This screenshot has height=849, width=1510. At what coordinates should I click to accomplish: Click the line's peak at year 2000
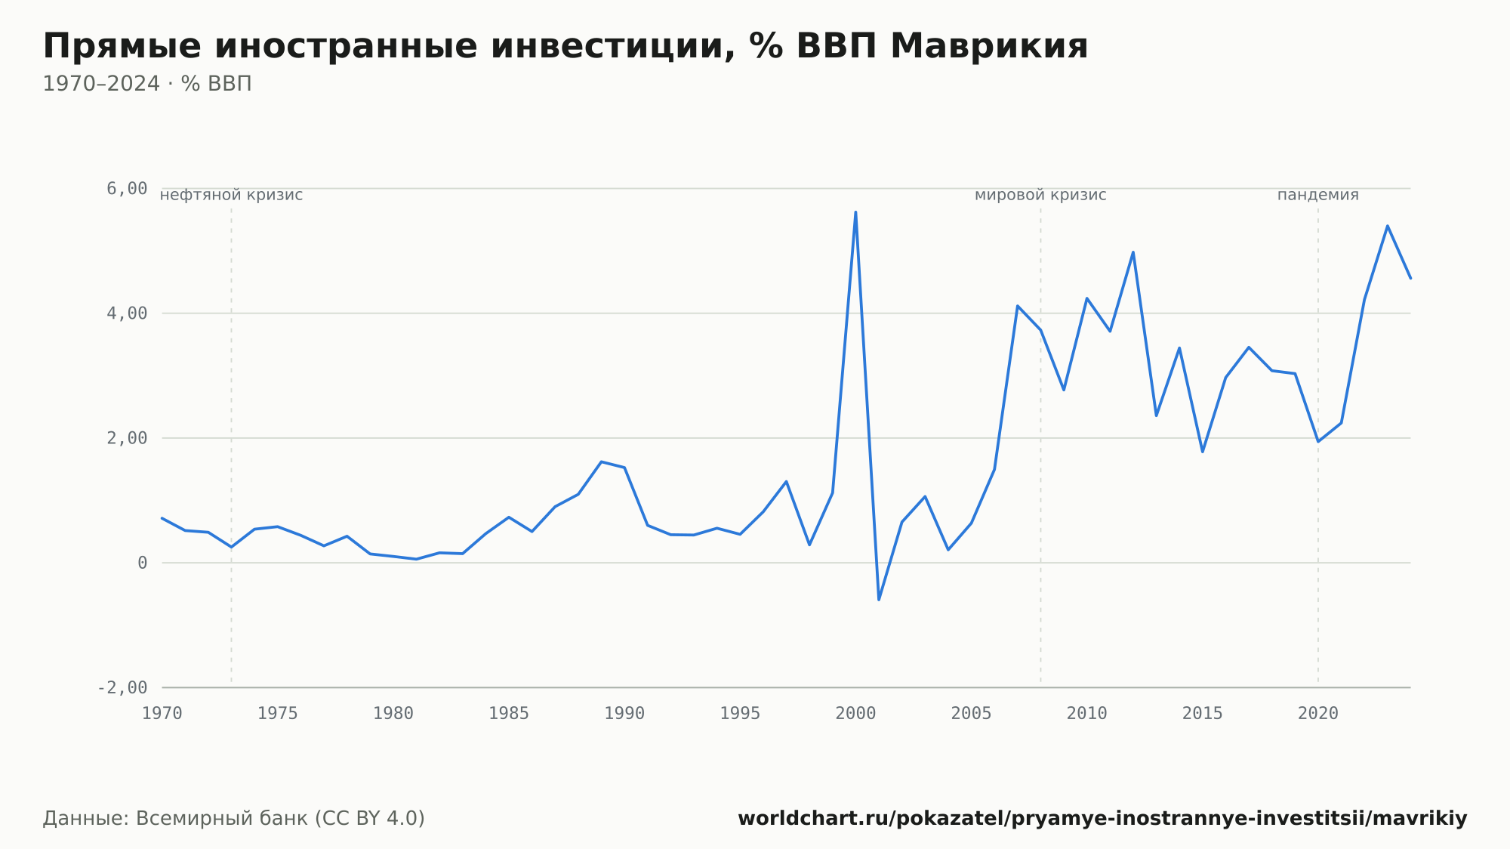click(x=855, y=212)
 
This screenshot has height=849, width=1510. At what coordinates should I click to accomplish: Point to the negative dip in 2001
click(x=879, y=600)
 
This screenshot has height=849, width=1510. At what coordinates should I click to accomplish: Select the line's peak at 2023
click(x=1387, y=226)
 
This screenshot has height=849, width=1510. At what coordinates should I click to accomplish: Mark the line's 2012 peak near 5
click(x=1133, y=252)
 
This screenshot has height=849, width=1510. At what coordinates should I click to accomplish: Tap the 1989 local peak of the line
click(x=601, y=462)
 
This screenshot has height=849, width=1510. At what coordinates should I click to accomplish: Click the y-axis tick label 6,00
click(x=127, y=189)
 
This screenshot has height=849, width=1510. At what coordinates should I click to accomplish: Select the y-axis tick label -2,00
click(x=122, y=688)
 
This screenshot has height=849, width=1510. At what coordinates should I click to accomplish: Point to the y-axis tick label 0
click(x=143, y=563)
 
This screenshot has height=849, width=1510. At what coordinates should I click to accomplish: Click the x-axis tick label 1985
click(x=509, y=714)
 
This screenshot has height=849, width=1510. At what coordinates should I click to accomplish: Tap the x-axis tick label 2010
click(x=1087, y=714)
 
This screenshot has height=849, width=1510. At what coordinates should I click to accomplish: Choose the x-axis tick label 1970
click(x=162, y=714)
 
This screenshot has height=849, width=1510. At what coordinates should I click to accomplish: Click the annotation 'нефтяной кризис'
click(x=231, y=195)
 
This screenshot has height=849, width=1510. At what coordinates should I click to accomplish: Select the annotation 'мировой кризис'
click(x=1040, y=195)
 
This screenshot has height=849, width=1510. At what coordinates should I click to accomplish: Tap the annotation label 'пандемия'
click(x=1318, y=195)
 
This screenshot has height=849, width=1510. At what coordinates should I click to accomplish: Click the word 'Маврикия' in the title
click(x=990, y=46)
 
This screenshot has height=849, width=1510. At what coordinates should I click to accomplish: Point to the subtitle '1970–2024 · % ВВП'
click(x=147, y=84)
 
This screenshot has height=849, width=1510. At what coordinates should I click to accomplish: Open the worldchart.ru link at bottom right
click(x=1102, y=819)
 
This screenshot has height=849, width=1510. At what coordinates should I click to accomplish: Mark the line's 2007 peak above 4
click(x=1018, y=306)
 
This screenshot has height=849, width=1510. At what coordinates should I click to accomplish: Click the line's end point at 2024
click(x=1410, y=278)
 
